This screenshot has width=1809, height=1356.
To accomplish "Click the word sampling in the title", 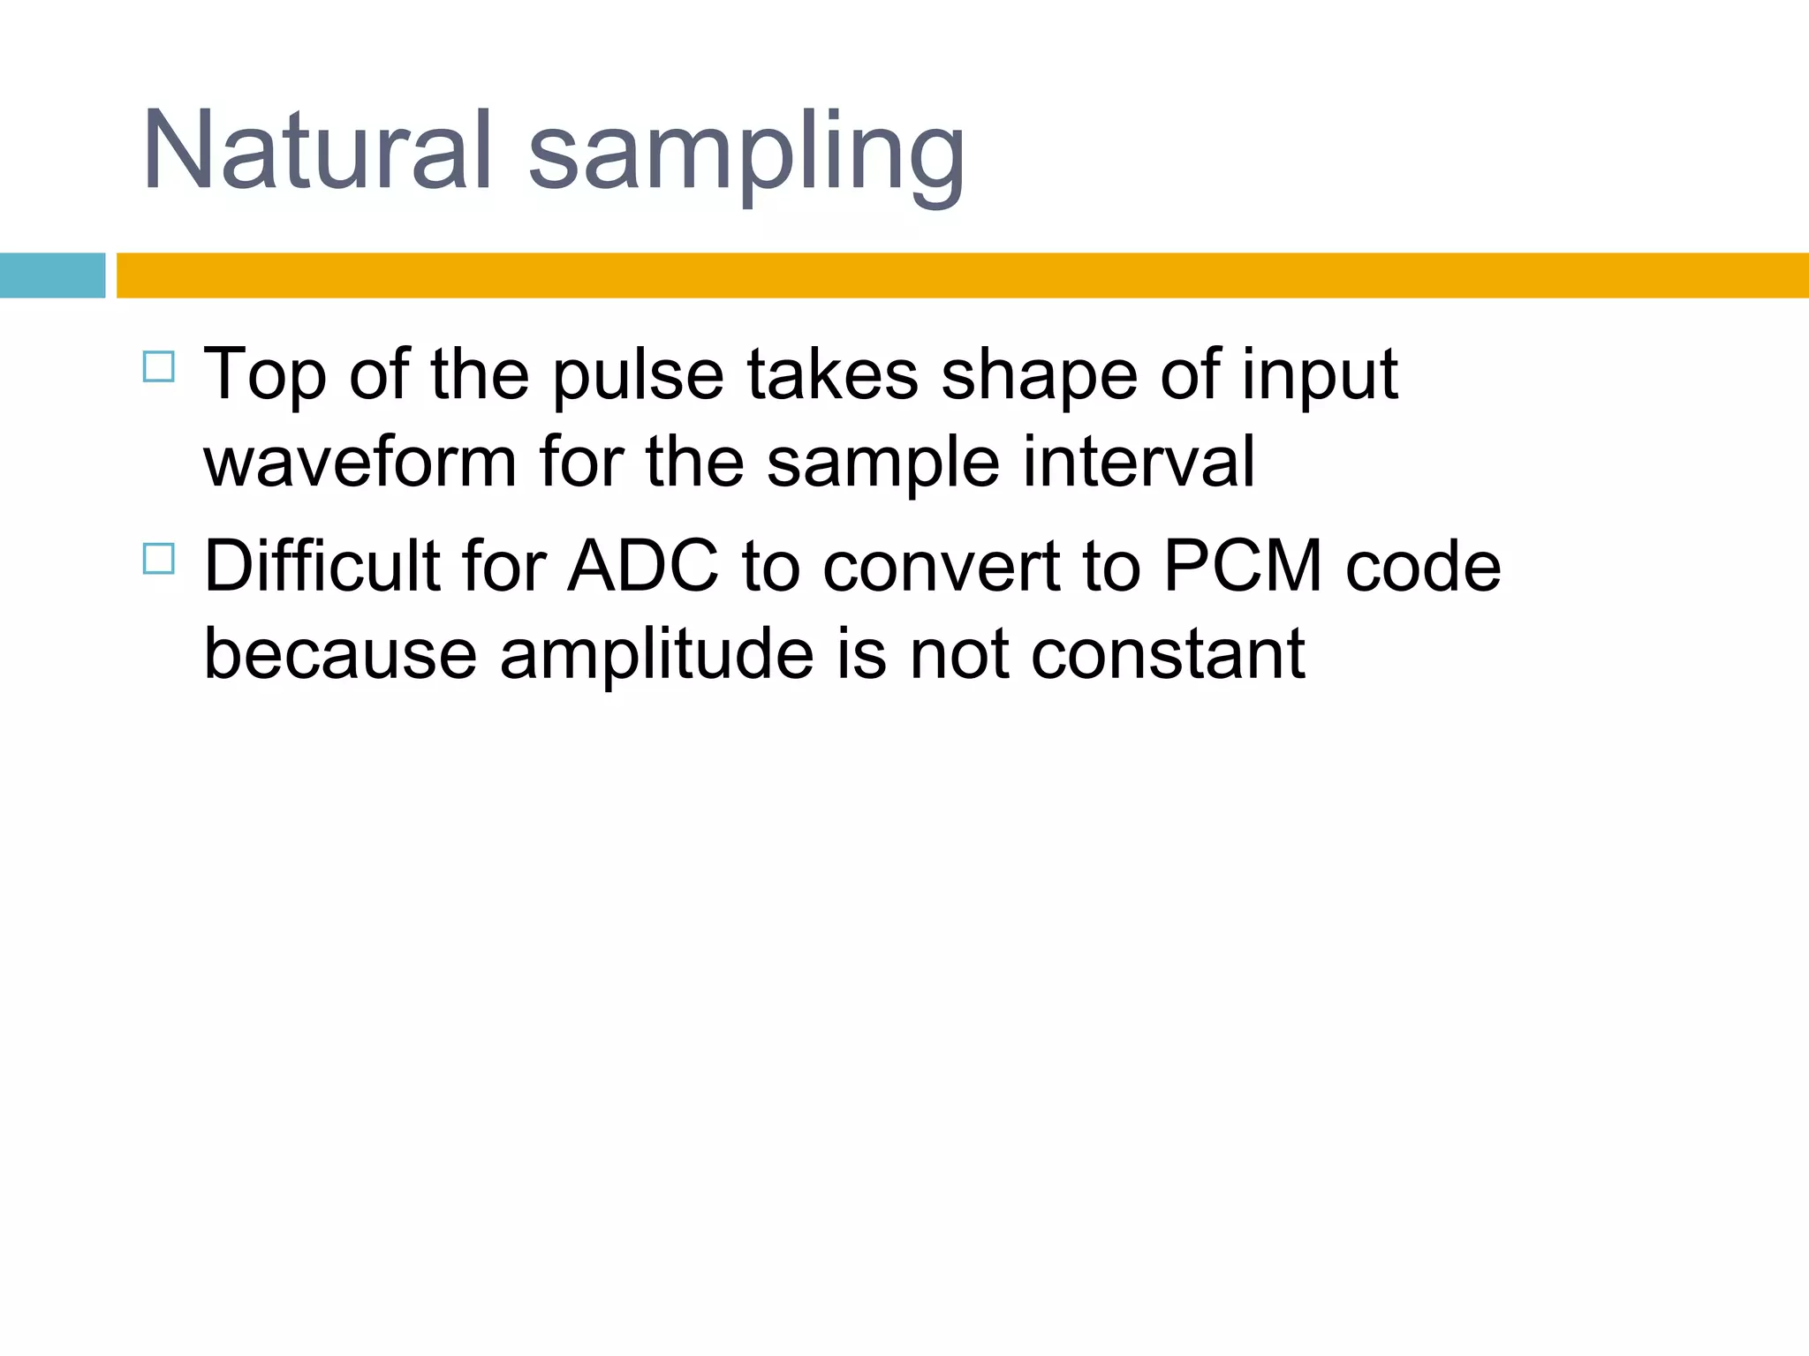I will (746, 154).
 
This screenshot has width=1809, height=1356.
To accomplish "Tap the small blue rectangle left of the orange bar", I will (52, 275).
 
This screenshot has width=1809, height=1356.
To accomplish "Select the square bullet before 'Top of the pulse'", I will (158, 366).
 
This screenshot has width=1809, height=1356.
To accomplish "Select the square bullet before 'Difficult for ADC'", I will (158, 559).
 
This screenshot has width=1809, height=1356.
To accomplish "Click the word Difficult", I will (322, 566).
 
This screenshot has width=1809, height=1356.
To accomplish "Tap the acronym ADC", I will (643, 566).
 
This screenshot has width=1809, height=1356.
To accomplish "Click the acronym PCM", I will (1243, 566).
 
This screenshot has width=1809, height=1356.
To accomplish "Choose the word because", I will (341, 654).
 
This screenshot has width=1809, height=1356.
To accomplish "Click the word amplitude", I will (656, 654).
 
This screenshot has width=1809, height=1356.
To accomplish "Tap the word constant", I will (1168, 654).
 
